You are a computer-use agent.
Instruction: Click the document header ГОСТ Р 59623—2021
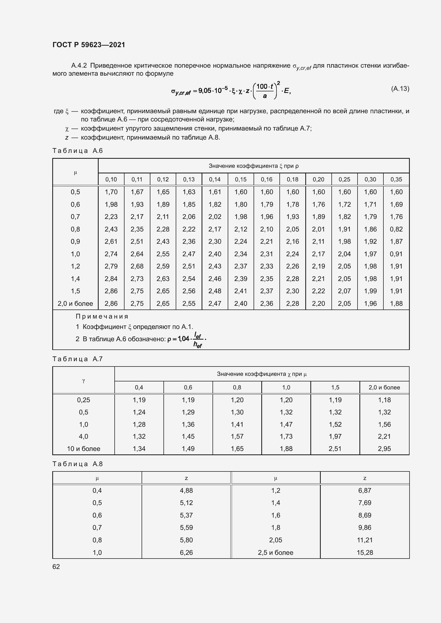tap(89, 45)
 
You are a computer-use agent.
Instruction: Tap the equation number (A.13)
tap(400, 89)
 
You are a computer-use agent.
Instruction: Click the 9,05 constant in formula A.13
tap(205, 91)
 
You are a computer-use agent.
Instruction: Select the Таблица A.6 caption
tap(77, 150)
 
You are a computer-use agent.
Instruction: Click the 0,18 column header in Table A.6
tap(292, 179)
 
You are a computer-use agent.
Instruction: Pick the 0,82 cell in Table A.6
tap(396, 229)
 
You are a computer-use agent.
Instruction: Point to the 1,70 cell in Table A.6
tap(111, 192)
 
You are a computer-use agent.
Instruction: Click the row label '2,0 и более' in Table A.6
tap(75, 303)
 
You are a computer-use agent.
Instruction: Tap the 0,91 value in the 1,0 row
tap(396, 254)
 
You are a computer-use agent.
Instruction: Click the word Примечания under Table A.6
tap(102, 316)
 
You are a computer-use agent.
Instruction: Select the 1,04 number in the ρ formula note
tap(183, 339)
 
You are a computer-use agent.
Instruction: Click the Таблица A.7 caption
tap(77, 359)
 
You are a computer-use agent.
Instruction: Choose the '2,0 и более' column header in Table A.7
tap(384, 388)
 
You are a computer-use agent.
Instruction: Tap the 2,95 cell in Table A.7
tap(384, 449)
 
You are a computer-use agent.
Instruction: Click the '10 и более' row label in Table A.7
tap(83, 449)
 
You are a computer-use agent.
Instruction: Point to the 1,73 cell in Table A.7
tap(286, 436)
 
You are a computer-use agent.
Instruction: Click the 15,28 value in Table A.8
tap(365, 553)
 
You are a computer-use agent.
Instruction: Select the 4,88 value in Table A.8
tap(186, 491)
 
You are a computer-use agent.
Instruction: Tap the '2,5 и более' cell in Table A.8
tap(275, 553)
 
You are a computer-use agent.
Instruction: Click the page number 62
tap(56, 567)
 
